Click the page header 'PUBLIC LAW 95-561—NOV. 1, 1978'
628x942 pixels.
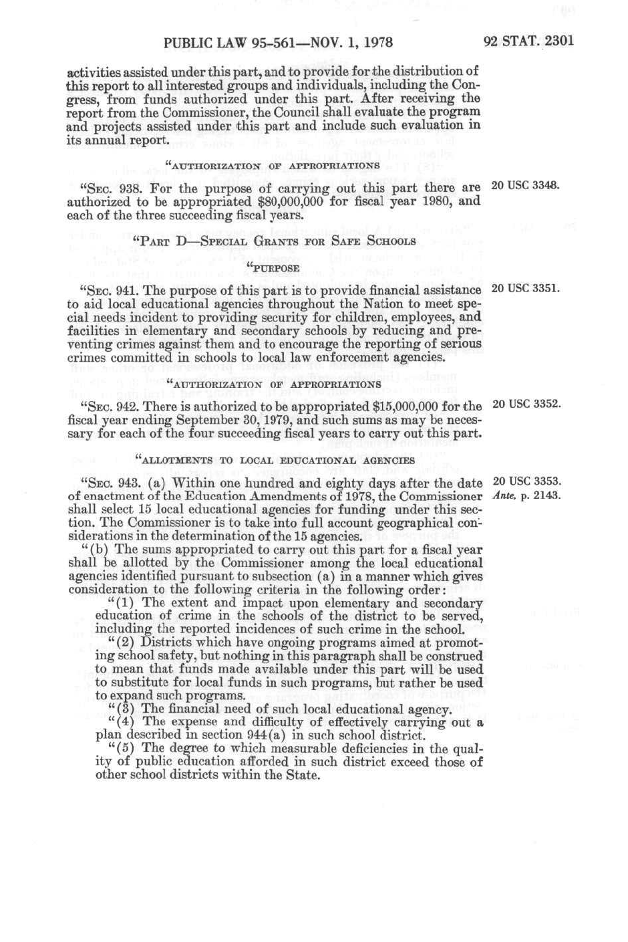277,43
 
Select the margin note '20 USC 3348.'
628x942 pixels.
525,185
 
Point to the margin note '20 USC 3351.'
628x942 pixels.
525,289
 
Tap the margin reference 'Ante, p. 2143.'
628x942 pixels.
526,496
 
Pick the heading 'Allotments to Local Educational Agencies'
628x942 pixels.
275,460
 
